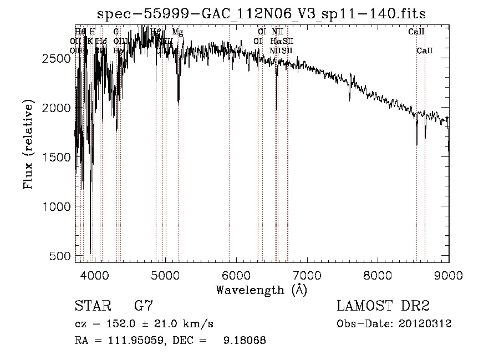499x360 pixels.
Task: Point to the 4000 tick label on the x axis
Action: click(94, 275)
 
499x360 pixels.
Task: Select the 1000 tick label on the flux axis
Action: click(57, 206)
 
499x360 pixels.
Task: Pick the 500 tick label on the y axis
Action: click(60, 256)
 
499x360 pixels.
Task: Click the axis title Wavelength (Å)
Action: click(261, 290)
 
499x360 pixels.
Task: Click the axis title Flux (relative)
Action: click(29, 144)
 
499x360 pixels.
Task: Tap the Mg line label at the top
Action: click(177, 32)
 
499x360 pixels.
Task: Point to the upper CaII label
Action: click(416, 32)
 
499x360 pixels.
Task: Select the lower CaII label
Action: click(425, 51)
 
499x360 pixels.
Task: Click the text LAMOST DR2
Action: click(383, 306)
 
